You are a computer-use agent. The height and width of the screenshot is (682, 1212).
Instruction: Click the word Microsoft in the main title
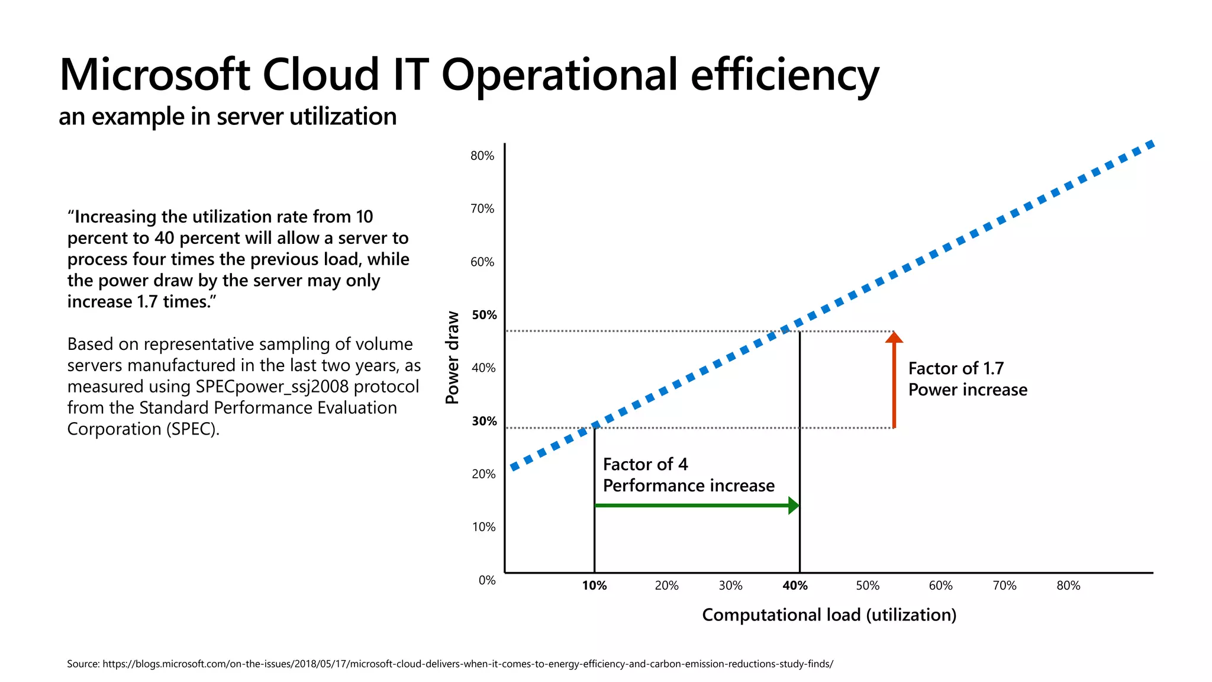pyautogui.click(x=155, y=75)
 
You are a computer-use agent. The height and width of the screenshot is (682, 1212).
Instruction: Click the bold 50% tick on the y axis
pyautogui.click(x=484, y=315)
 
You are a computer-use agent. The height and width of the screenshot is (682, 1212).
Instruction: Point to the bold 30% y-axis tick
pyautogui.click(x=484, y=421)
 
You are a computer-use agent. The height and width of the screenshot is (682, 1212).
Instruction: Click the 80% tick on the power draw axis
pyautogui.click(x=482, y=156)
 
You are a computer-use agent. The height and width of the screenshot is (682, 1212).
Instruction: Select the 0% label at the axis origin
pyautogui.click(x=487, y=580)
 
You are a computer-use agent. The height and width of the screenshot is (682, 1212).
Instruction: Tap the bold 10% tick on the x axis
pyautogui.click(x=594, y=586)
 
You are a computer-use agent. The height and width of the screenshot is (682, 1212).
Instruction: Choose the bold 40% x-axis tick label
pyautogui.click(x=795, y=586)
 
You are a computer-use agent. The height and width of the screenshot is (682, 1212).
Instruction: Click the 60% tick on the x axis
pyautogui.click(x=940, y=586)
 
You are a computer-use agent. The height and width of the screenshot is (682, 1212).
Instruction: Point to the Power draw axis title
pyautogui.click(x=452, y=358)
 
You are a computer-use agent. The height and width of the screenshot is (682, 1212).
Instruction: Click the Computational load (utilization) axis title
pyautogui.click(x=829, y=615)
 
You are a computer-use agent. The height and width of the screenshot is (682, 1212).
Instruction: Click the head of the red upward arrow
pyautogui.click(x=894, y=337)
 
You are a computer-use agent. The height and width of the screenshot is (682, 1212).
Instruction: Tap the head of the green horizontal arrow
pyautogui.click(x=794, y=506)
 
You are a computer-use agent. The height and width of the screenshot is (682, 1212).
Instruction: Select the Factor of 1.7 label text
pyautogui.click(x=956, y=368)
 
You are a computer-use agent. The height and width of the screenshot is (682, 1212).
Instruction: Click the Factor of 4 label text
pyautogui.click(x=645, y=464)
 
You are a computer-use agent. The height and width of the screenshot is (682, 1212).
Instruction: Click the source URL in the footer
pyautogui.click(x=468, y=664)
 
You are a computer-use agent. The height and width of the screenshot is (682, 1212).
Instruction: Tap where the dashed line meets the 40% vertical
pyautogui.click(x=800, y=323)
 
